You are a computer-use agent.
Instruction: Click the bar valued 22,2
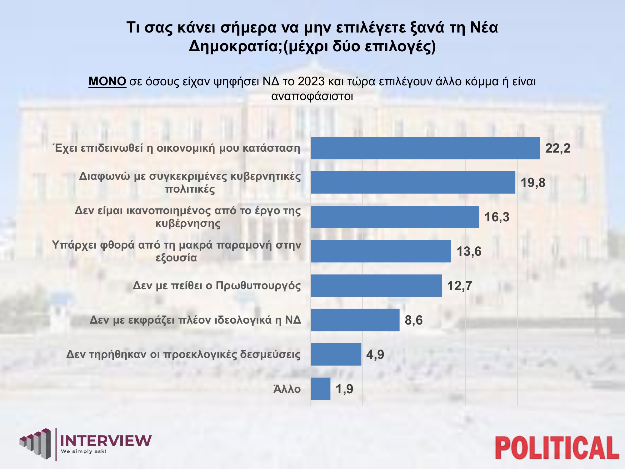coord(425,148)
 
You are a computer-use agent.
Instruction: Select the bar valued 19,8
coord(413,183)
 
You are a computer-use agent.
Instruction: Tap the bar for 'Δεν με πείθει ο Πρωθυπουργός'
coord(376,286)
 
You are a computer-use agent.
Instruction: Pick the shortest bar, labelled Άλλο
coord(321,389)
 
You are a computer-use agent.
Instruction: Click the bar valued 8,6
coord(355,320)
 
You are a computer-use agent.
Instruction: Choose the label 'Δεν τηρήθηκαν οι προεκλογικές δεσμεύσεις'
coord(183,355)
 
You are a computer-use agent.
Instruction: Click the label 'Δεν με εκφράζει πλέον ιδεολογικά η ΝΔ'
coord(195,320)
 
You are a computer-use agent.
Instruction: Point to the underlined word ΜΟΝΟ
coord(107,82)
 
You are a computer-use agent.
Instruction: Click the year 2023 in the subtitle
coord(311,82)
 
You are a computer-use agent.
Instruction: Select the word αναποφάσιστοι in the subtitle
coord(312,96)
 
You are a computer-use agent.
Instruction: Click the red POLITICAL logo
coord(557,448)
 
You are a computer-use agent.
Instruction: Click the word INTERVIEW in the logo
coord(106,441)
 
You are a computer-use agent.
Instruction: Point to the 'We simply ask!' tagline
coord(84,451)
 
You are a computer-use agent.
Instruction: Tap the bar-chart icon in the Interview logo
coord(35,443)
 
